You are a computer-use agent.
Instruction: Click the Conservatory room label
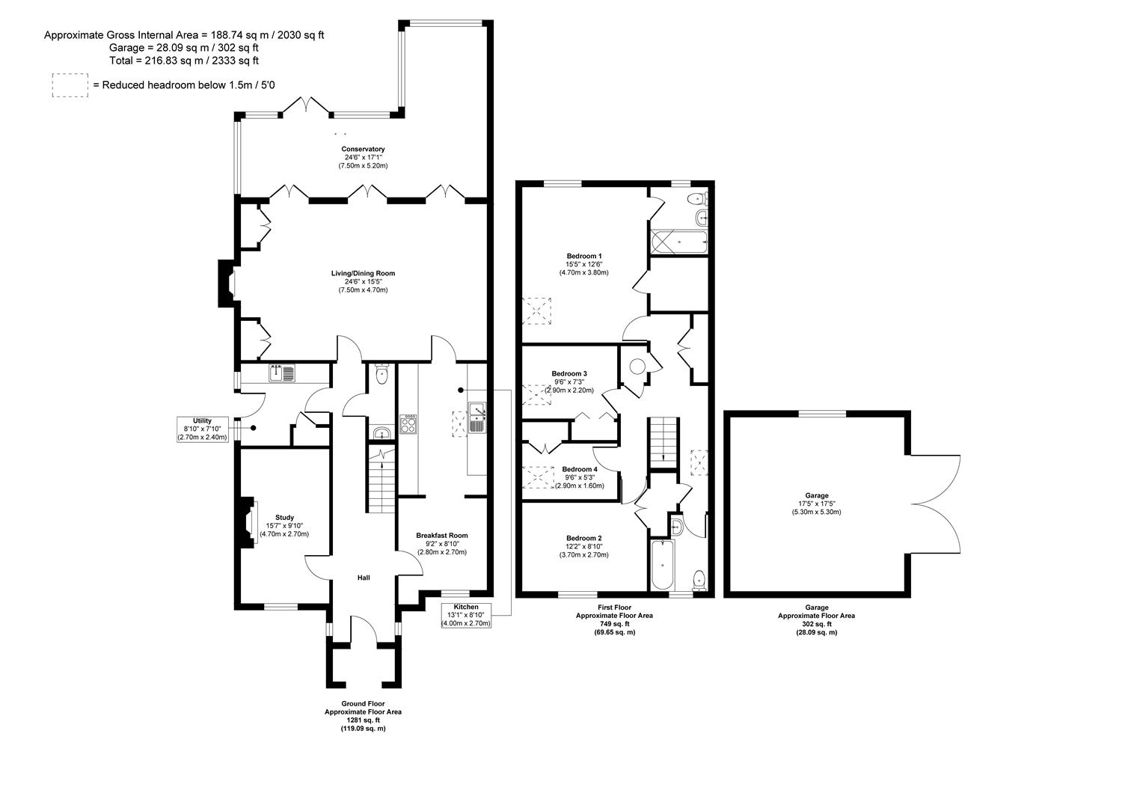click(x=363, y=149)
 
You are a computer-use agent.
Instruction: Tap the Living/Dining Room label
click(x=363, y=273)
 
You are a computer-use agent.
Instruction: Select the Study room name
click(x=284, y=517)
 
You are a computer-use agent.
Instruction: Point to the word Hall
click(x=364, y=578)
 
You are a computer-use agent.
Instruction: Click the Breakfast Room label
click(x=441, y=535)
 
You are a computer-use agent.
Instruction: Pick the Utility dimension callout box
click(x=203, y=429)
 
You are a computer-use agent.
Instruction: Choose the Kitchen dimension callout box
click(x=466, y=615)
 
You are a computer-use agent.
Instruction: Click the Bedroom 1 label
click(x=584, y=256)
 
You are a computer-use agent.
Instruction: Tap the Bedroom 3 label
click(x=569, y=373)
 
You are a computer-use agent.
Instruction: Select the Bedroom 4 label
click(x=580, y=469)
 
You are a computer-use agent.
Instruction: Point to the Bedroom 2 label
click(x=583, y=538)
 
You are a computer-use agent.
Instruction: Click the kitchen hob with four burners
click(x=408, y=423)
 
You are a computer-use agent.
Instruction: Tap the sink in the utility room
click(x=282, y=373)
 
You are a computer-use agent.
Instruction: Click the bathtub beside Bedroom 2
click(x=663, y=564)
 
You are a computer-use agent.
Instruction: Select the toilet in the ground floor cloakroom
click(x=381, y=374)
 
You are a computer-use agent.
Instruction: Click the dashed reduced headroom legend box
click(x=70, y=85)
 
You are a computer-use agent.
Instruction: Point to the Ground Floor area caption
click(x=363, y=716)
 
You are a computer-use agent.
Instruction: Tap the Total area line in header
click(x=184, y=61)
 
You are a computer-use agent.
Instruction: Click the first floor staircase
click(x=664, y=441)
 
